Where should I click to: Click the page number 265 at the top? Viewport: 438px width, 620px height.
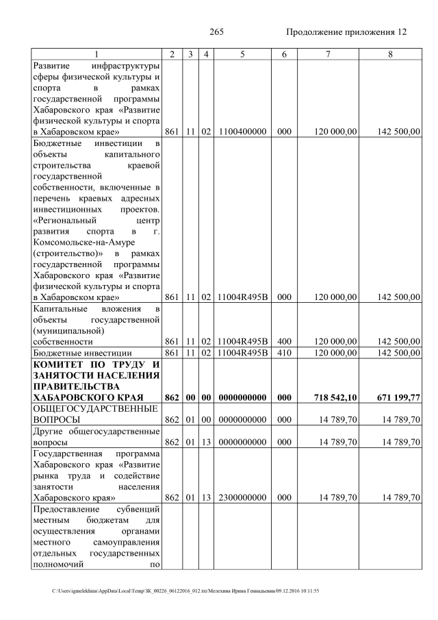click(217, 32)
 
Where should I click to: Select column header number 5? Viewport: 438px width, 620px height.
click(242, 54)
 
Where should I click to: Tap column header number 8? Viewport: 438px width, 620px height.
click(390, 54)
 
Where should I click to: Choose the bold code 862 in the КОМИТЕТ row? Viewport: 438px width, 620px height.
click(172, 397)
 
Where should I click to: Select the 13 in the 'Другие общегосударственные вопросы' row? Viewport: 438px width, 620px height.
click(205, 443)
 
